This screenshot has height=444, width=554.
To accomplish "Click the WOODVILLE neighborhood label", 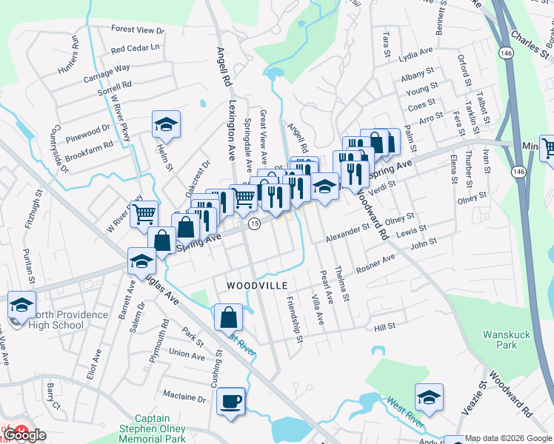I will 256,285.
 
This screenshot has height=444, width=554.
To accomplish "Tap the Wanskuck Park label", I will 507,340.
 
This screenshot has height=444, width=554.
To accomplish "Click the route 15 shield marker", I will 254,224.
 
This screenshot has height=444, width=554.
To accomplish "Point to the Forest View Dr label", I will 137,30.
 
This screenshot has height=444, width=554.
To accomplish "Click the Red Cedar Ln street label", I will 135,49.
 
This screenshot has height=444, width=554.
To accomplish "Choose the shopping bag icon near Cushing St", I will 229,317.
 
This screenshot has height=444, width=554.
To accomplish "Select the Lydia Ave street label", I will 415,52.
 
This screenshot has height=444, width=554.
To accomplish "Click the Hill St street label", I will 385,326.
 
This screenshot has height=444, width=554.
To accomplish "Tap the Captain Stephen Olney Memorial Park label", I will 157,428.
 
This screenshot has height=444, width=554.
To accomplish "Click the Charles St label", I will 528,41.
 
